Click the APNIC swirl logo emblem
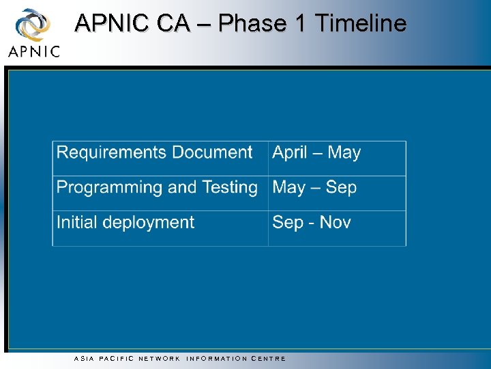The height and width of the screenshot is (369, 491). point(32,25)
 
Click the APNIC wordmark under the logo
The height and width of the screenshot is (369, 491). point(34,51)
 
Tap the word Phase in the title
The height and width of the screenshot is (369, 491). point(252,23)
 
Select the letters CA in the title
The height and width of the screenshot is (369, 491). point(173,23)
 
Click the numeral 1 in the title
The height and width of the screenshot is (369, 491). point(299,23)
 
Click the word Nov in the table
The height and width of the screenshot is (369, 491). point(335,222)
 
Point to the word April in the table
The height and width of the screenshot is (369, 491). point(290,153)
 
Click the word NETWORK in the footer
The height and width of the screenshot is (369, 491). point(159,358)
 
